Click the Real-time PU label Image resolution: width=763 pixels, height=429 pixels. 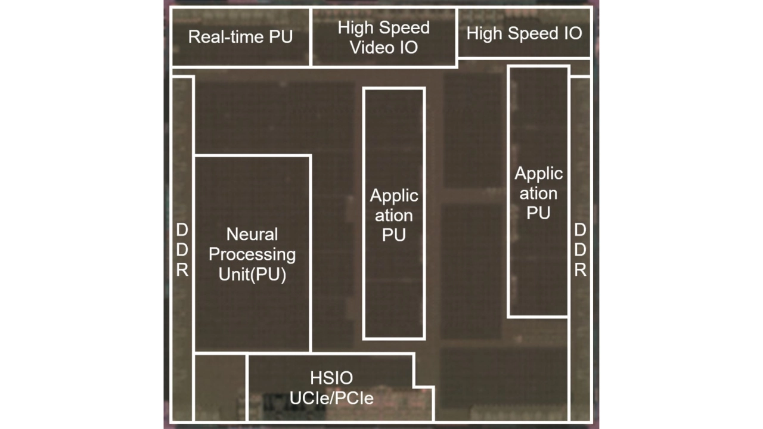[240, 37]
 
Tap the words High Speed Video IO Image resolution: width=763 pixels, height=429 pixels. [383, 37]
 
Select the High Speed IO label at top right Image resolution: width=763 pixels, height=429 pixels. [524, 33]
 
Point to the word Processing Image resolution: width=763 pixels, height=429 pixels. [252, 254]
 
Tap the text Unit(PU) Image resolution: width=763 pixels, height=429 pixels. [252, 275]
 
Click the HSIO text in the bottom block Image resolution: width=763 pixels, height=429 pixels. [331, 378]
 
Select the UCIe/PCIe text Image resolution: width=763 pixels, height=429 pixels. [331, 397]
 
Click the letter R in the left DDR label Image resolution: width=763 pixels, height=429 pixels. [182, 270]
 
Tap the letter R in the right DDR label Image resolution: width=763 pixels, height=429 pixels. [580, 270]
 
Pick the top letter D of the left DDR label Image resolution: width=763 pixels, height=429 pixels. [182, 230]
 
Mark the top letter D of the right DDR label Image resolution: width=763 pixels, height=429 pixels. [580, 230]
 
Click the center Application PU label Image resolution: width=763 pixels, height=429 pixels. [394, 214]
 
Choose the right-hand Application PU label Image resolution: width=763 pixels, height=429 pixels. [538, 193]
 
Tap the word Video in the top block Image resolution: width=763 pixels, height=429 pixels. [370, 47]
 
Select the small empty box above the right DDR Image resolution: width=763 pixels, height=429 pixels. [580, 67]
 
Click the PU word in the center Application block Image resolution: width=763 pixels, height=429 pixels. [394, 235]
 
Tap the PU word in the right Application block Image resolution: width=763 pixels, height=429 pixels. [538, 213]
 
